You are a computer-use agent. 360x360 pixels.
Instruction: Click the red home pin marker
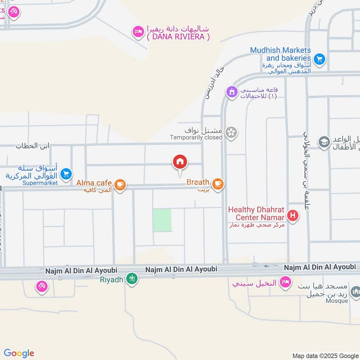(x=180, y=162)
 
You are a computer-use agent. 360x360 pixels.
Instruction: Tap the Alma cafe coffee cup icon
(x=120, y=184)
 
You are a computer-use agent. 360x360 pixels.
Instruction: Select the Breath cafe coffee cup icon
(x=218, y=184)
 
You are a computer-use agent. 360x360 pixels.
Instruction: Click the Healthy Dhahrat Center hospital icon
(x=293, y=216)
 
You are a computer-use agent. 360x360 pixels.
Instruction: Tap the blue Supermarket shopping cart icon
(x=66, y=173)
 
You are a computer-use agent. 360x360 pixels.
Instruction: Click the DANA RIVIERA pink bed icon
(x=138, y=31)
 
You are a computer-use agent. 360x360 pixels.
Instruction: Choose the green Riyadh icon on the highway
(x=131, y=279)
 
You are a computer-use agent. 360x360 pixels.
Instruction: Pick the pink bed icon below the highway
(x=284, y=282)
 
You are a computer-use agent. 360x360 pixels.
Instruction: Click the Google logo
(x=19, y=353)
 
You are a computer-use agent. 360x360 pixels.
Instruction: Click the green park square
(x=162, y=220)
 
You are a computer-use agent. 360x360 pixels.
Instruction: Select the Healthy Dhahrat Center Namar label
(x=256, y=213)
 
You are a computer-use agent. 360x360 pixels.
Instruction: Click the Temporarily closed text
(x=196, y=137)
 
